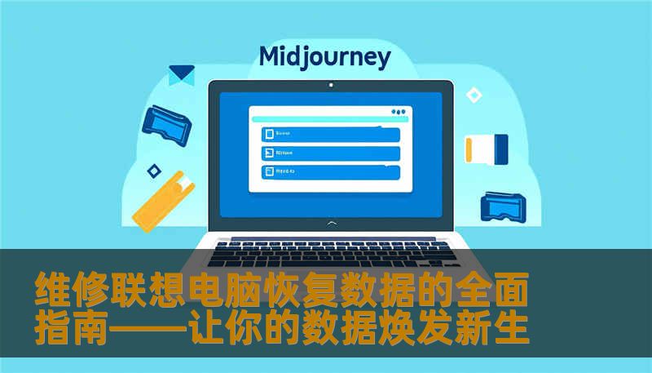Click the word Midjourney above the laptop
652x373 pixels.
324,57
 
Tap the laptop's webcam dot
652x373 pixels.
330,84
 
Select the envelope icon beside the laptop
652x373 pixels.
181,75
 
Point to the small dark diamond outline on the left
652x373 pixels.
153,171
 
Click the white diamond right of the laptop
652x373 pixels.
474,95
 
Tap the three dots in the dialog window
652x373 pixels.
398,112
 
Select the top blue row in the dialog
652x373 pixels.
330,134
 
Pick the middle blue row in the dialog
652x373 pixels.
330,153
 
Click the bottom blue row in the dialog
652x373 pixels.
330,171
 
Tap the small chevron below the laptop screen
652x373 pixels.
330,222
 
